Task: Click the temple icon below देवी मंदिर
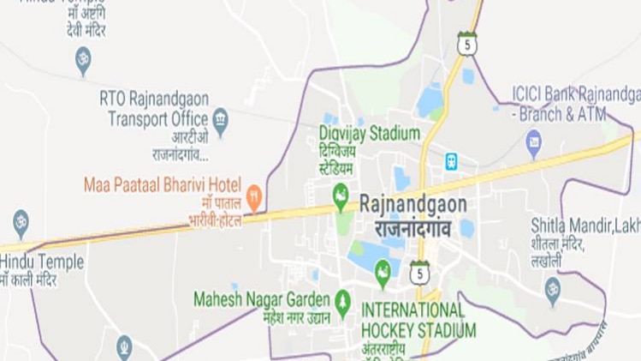click(x=83, y=59)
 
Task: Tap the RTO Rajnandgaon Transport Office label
click(x=154, y=108)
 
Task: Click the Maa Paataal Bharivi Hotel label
click(x=162, y=184)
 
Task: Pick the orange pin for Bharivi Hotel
click(x=253, y=198)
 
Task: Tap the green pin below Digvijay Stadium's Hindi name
click(x=341, y=194)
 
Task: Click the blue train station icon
click(x=450, y=160)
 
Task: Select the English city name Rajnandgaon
click(x=413, y=204)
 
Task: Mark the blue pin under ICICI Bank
click(x=534, y=142)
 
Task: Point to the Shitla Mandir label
click(x=585, y=225)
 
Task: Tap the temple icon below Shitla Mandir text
click(x=553, y=287)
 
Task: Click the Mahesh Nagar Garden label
click(x=261, y=299)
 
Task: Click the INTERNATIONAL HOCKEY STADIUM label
click(x=418, y=319)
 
